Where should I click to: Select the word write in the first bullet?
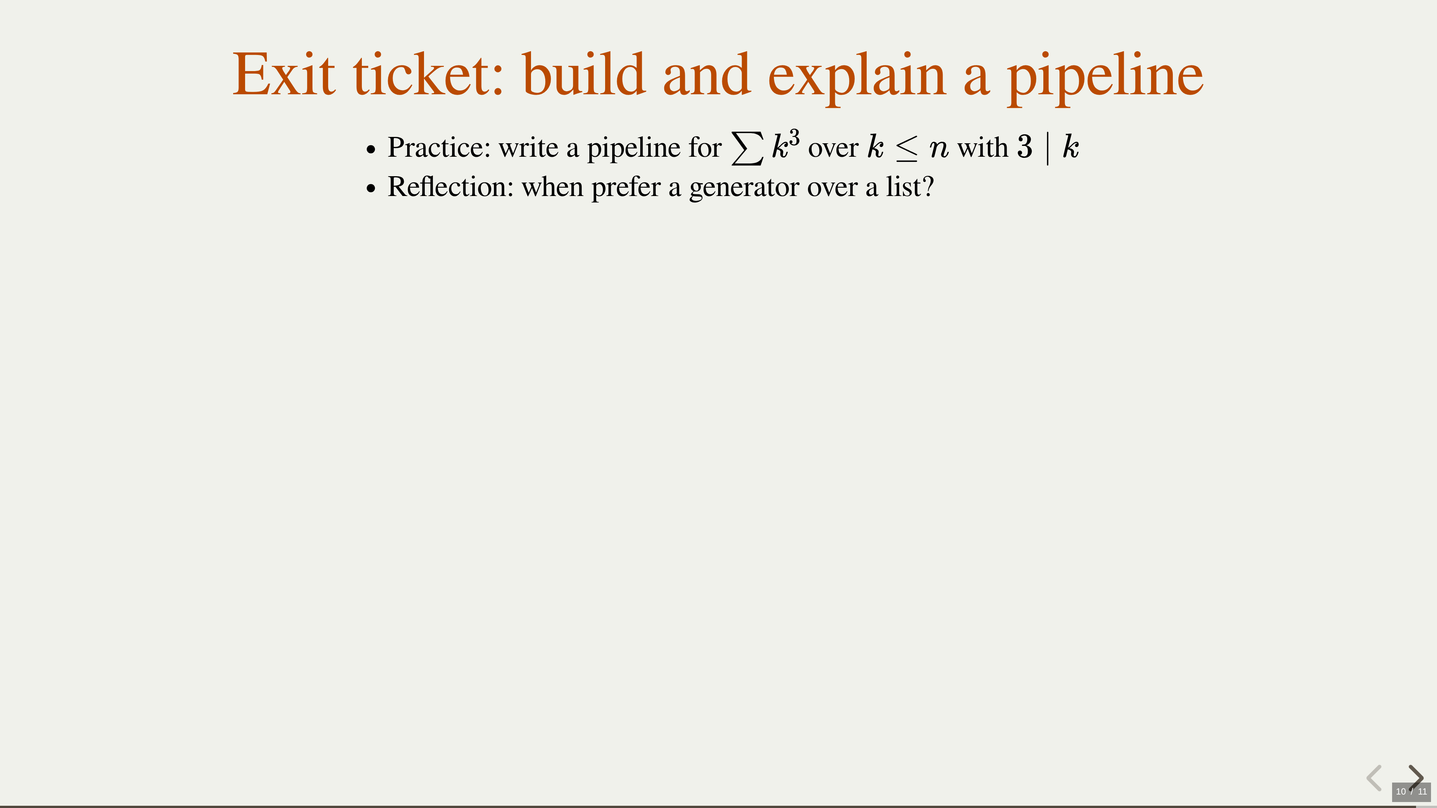tap(528, 147)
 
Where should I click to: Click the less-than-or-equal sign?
tap(906, 149)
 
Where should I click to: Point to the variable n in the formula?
tap(939, 150)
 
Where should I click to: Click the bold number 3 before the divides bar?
tap(1025, 147)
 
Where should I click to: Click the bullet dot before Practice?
tap(371, 150)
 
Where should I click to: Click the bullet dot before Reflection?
tap(371, 189)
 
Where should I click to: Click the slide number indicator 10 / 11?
tap(1411, 791)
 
